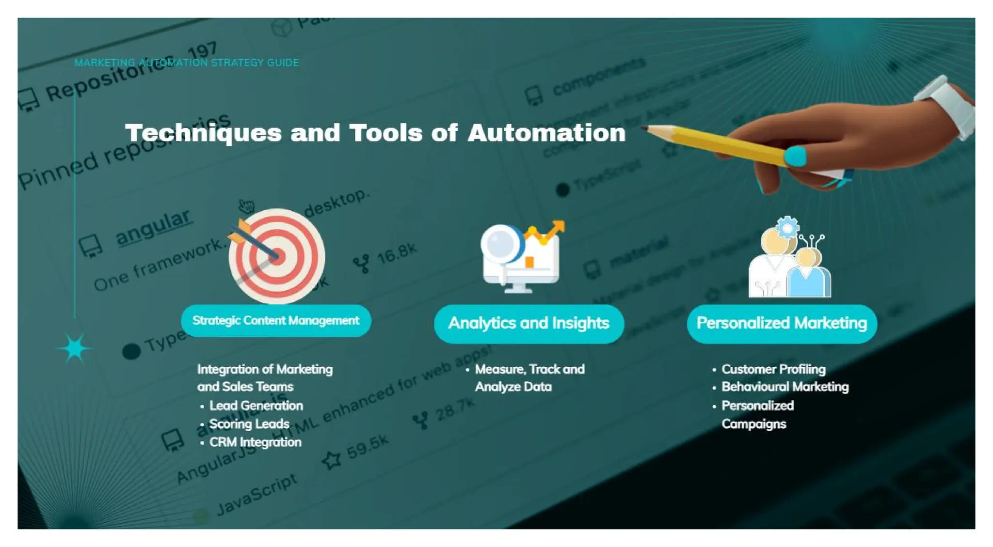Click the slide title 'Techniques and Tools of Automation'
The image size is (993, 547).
pyautogui.click(x=375, y=133)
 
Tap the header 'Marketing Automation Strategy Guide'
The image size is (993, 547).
pyautogui.click(x=187, y=63)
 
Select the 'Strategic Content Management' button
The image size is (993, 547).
pyautogui.click(x=275, y=321)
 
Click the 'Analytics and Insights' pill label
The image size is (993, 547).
pyautogui.click(x=529, y=323)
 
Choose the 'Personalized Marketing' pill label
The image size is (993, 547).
pyautogui.click(x=782, y=323)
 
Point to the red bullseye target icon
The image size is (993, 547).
pyautogui.click(x=277, y=256)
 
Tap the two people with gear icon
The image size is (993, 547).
pyautogui.click(x=789, y=262)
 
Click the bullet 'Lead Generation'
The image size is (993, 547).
pyautogui.click(x=256, y=406)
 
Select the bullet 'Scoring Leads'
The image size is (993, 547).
pyautogui.click(x=249, y=424)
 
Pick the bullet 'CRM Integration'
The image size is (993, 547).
pyautogui.click(x=255, y=442)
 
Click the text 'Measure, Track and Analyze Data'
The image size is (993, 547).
pyautogui.click(x=529, y=378)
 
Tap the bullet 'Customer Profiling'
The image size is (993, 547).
pyautogui.click(x=773, y=369)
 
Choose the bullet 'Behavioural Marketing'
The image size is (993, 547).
pyautogui.click(x=785, y=387)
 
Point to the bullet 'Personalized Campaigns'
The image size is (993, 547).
pyautogui.click(x=757, y=415)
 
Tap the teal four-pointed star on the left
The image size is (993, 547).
pyautogui.click(x=75, y=348)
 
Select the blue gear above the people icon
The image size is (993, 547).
pyautogui.click(x=787, y=227)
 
